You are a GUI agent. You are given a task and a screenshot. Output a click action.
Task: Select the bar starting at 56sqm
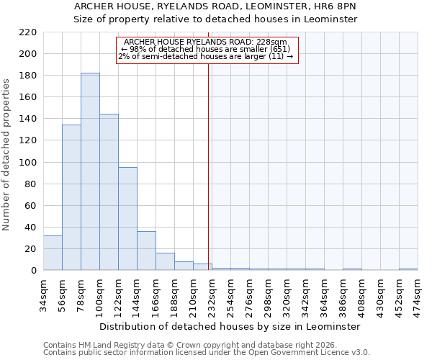click(x=71, y=197)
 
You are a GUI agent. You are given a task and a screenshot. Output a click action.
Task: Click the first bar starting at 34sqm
click(x=53, y=253)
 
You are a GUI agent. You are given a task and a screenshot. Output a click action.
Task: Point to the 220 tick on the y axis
click(x=28, y=32)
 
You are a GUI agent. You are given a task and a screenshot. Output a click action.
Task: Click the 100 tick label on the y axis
click(x=28, y=163)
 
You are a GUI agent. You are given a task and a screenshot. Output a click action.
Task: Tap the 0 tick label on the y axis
click(x=33, y=271)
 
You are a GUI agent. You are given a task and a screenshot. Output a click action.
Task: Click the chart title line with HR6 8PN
click(x=215, y=6)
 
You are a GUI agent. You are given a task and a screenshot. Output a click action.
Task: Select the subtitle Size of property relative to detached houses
click(x=215, y=19)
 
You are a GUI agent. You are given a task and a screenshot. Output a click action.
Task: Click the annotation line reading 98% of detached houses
click(x=206, y=49)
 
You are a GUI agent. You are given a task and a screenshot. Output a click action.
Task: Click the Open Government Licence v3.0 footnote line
click(x=207, y=353)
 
